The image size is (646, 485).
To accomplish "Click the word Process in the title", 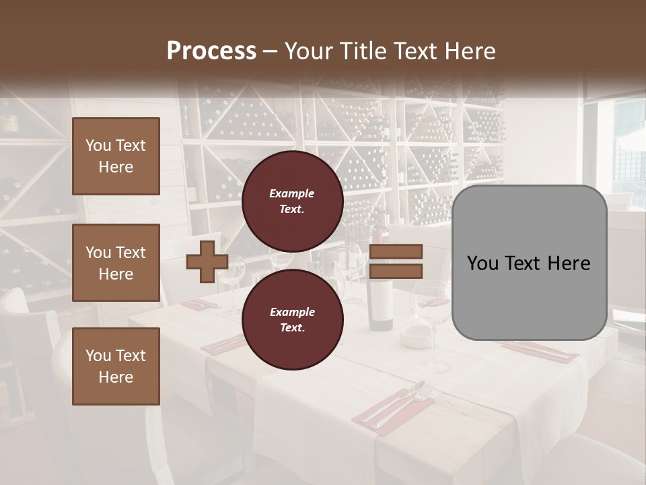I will pyautogui.click(x=211, y=51).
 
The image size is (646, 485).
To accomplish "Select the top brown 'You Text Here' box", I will pyautogui.click(x=116, y=156).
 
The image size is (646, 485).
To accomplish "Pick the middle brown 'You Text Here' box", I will pyautogui.click(x=116, y=263).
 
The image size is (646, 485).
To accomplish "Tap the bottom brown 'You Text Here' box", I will pyautogui.click(x=116, y=366).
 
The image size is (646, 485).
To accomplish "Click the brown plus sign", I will pyautogui.click(x=207, y=262).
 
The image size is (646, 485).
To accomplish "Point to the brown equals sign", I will pyautogui.click(x=396, y=261).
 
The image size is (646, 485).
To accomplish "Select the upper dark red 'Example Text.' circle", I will pyautogui.click(x=292, y=201).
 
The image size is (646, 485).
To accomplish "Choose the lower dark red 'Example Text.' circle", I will pyautogui.click(x=292, y=320).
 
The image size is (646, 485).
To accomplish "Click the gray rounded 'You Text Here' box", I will pyautogui.click(x=529, y=263).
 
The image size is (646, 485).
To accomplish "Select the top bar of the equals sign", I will pyautogui.click(x=396, y=252).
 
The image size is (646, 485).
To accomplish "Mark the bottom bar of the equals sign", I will pyautogui.click(x=396, y=271).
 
